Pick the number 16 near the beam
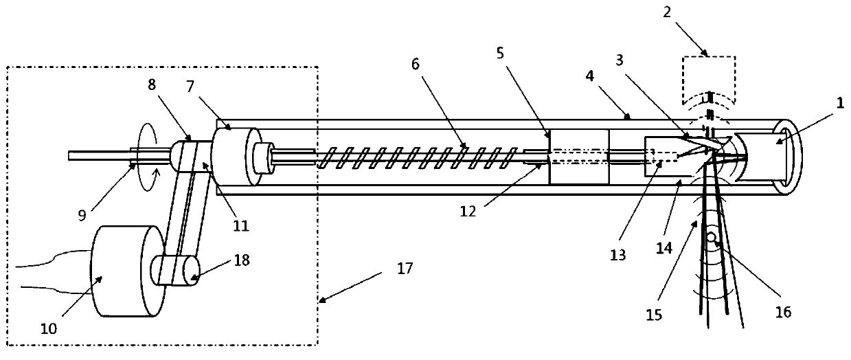point(784,312)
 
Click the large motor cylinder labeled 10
point(124,271)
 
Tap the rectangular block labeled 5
point(579,156)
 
